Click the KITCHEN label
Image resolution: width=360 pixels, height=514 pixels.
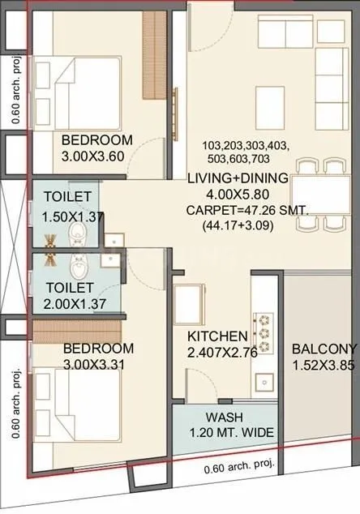tap(217, 336)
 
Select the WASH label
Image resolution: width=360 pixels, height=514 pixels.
tap(216, 418)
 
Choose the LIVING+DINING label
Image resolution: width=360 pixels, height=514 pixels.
tap(238, 178)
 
